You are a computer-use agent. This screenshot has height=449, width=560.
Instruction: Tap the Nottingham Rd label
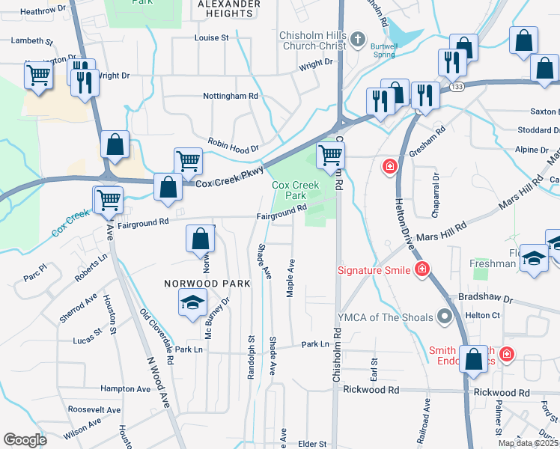pos(231,96)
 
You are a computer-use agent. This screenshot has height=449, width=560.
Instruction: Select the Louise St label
pos(211,37)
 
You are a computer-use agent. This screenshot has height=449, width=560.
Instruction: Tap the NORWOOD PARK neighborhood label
pos(197,284)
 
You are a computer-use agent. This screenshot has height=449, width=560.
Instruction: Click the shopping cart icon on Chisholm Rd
pos(329,156)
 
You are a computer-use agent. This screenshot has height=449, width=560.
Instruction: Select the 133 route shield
pos(457,88)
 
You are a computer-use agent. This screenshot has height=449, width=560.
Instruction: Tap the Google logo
pos(25,440)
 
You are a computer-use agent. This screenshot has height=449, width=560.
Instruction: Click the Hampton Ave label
pos(126,389)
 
